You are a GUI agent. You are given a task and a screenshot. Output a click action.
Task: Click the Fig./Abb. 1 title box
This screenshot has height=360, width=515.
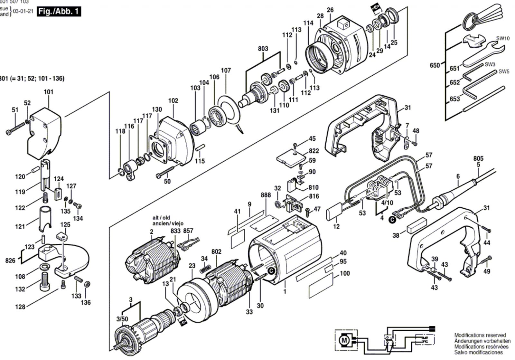tap(59, 12)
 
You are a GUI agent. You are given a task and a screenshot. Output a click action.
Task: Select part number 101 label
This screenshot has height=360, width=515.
tap(49, 92)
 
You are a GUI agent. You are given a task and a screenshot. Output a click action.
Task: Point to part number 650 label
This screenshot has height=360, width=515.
tap(435, 65)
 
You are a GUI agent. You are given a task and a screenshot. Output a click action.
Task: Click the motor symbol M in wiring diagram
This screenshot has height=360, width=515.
tap(345, 339)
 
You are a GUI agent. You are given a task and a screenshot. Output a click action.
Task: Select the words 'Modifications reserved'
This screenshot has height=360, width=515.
tap(480, 335)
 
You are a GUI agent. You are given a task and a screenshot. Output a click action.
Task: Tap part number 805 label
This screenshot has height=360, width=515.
tap(478, 158)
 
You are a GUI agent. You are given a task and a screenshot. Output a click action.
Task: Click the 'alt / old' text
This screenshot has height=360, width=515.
tap(161, 218)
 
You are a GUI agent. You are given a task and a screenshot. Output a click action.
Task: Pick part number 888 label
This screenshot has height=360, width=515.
tap(266, 195)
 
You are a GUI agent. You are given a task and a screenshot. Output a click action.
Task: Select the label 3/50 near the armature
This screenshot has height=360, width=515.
tap(122, 319)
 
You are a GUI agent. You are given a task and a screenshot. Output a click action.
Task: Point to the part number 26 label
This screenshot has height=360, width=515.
tap(330, 10)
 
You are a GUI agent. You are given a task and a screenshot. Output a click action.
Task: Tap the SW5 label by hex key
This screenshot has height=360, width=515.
tap(504, 71)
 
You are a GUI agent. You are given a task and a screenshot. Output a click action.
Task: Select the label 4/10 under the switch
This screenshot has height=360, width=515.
tap(387, 203)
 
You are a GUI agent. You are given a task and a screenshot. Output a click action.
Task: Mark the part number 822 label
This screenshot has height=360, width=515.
tap(314, 151)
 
